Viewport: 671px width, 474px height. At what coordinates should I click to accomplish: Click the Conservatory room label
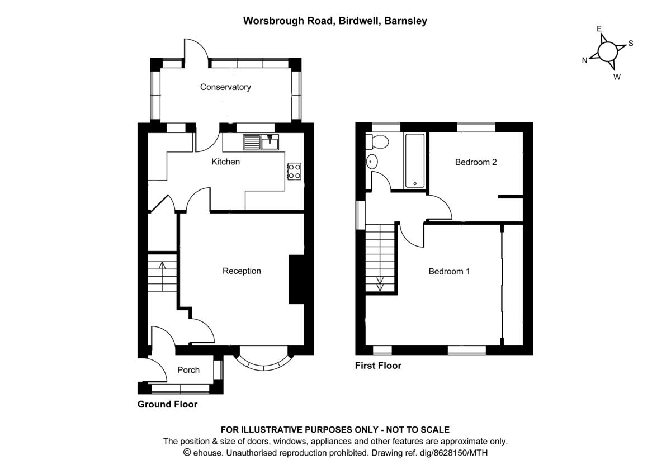coord(225,87)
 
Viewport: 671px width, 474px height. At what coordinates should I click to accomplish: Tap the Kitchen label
coord(225,162)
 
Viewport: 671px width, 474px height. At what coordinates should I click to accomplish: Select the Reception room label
coord(242,271)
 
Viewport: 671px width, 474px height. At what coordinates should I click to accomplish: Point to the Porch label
coord(188,370)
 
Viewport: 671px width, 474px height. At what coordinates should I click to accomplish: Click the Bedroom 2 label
coord(476,163)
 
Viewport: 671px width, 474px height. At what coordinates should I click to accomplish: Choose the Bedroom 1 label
coord(449,272)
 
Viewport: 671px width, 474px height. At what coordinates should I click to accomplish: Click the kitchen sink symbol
coord(261,143)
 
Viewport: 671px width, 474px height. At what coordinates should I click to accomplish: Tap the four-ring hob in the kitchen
coord(294,171)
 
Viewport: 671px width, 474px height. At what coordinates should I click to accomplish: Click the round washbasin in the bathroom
coord(372,163)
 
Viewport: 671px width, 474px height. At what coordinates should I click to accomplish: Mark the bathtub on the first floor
coord(415,160)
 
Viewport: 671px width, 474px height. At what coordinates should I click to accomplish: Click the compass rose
coord(607,52)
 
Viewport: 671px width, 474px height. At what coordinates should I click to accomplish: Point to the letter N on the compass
coord(585,60)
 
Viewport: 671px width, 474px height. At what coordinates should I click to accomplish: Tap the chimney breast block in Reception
coord(296,279)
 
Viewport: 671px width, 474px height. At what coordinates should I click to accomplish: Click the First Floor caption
coord(378,366)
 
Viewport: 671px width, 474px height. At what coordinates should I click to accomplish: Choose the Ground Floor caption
coord(167,404)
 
